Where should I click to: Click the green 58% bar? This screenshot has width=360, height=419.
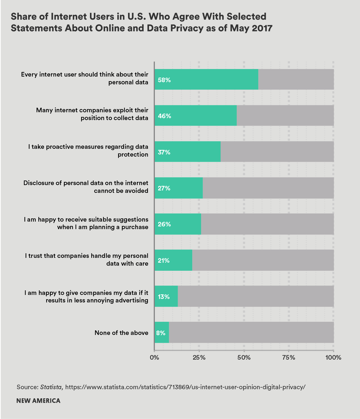pyautogui.click(x=206, y=79)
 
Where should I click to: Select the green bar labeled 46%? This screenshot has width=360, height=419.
pyautogui.click(x=195, y=115)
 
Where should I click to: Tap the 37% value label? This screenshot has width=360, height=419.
pyautogui.click(x=164, y=152)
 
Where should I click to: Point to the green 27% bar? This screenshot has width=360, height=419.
pyautogui.click(x=179, y=188)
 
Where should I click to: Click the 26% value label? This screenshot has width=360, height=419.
pyautogui.click(x=164, y=224)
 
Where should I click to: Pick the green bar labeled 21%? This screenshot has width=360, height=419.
pyautogui.click(x=173, y=260)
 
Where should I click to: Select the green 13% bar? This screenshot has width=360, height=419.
pyautogui.click(x=166, y=296)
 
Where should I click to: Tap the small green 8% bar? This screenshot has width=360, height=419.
pyautogui.click(x=162, y=333)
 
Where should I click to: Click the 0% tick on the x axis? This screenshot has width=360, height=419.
pyautogui.click(x=154, y=357)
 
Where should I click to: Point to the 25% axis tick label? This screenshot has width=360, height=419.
pyautogui.click(x=199, y=357)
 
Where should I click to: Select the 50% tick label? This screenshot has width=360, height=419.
pyautogui.click(x=244, y=357)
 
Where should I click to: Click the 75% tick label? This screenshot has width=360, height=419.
pyautogui.click(x=289, y=357)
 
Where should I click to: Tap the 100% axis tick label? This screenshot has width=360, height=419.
pyautogui.click(x=333, y=357)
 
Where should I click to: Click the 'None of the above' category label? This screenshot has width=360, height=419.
pyautogui.click(x=121, y=333)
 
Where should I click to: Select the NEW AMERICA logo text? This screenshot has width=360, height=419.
pyautogui.click(x=38, y=401)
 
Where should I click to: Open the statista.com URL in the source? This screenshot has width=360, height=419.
pyautogui.click(x=185, y=387)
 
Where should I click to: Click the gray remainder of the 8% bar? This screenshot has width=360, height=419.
pyautogui.click(x=251, y=333)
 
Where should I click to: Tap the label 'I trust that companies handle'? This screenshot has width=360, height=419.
pyautogui.click(x=87, y=256)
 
